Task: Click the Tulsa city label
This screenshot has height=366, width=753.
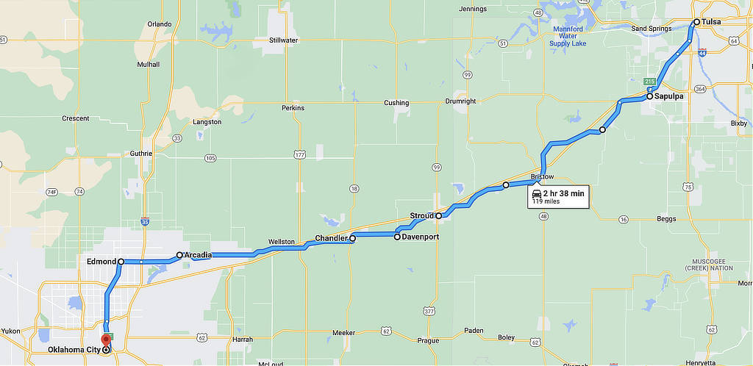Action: coord(711,22)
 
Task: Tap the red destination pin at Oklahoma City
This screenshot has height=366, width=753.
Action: coord(105,340)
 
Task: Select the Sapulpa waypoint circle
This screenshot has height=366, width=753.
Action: coord(650,96)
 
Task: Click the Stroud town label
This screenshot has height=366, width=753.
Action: coord(422,216)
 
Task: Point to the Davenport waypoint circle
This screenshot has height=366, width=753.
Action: coord(397,237)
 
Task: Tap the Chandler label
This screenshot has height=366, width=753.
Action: coord(331,239)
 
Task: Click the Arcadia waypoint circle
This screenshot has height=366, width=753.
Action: coord(179,256)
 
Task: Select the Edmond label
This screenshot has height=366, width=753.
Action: coord(101,262)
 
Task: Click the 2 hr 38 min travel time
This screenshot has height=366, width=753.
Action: coord(564,193)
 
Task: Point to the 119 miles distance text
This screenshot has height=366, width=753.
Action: coord(546,201)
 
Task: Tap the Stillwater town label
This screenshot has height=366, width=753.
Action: coord(283,40)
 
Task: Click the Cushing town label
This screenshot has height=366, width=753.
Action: coord(396,103)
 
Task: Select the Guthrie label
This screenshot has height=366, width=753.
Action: coord(140,154)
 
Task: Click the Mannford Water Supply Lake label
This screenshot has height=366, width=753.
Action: coord(569,36)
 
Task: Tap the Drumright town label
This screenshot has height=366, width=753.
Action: coord(461,101)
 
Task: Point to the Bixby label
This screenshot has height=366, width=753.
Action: coord(738,123)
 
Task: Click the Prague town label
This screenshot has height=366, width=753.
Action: coord(427,340)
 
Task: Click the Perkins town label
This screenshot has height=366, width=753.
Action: coord(293,108)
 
